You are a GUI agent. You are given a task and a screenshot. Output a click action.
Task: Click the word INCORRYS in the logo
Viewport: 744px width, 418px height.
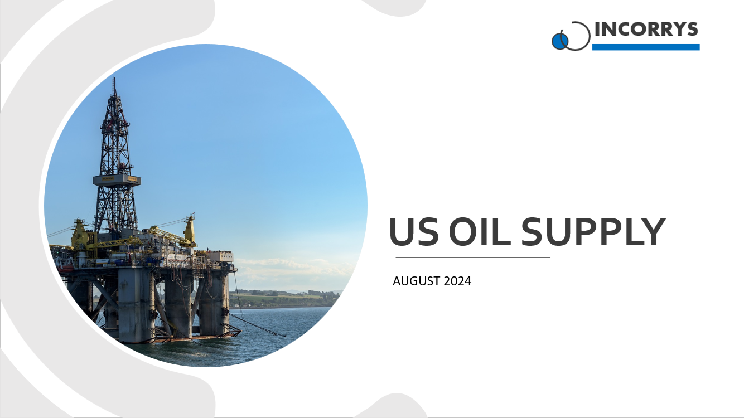[646, 30]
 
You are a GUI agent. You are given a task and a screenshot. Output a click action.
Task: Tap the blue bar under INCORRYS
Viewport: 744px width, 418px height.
[645, 47]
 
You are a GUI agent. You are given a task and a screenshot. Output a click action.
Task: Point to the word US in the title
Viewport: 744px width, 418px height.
[411, 232]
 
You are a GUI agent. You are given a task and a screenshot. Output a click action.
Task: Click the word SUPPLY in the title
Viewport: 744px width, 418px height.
[593, 232]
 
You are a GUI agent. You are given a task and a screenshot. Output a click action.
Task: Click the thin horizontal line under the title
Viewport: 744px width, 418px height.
[472, 258]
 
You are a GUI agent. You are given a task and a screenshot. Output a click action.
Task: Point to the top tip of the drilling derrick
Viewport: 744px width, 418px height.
[114, 80]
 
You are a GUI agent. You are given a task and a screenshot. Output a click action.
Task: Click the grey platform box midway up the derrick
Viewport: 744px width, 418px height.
[117, 180]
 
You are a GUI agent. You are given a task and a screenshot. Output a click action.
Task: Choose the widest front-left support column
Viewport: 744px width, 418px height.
[135, 304]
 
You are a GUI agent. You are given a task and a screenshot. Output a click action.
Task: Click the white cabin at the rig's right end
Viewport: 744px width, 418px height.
[220, 257]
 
